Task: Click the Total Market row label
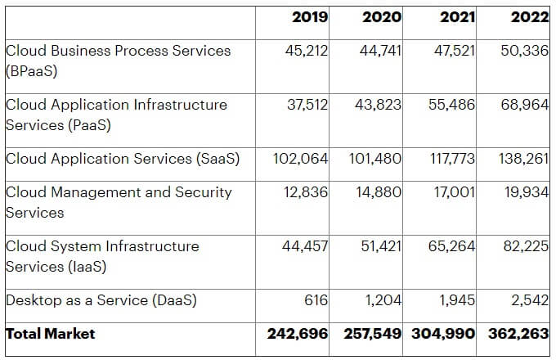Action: [x=51, y=334]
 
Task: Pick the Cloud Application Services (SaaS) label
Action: [x=123, y=159]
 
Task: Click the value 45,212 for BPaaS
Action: [x=306, y=51]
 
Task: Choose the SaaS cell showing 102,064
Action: [x=300, y=159]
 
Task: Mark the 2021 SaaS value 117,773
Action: [x=452, y=159]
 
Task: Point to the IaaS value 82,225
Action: [x=526, y=246]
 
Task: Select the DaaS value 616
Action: [x=316, y=300]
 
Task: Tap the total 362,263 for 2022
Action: [x=518, y=334]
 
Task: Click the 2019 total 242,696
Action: [x=298, y=334]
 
